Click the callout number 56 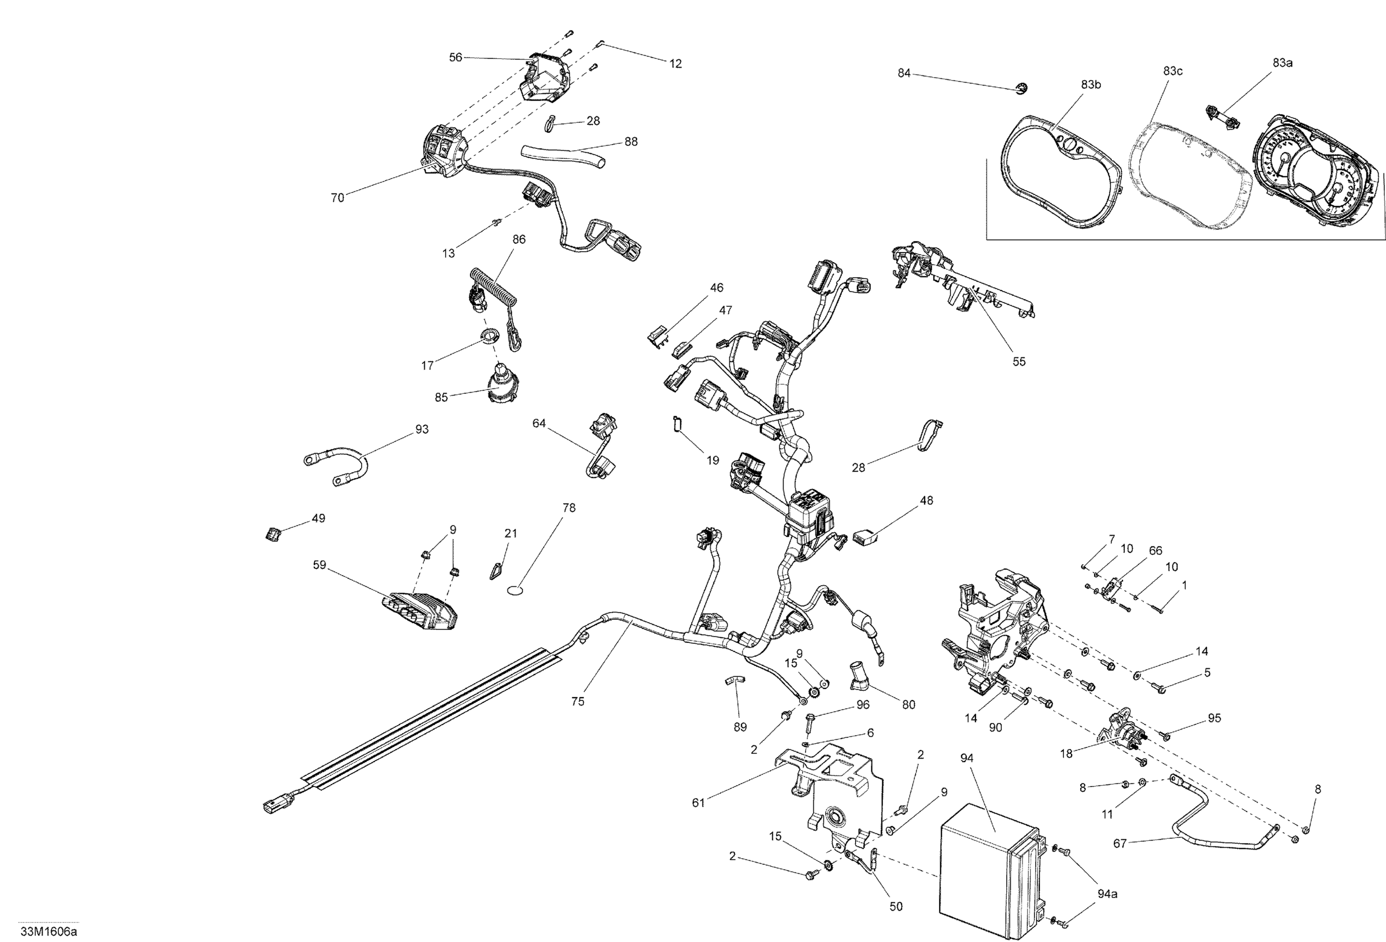pyautogui.click(x=455, y=57)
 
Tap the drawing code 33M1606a pyautogui.click(x=49, y=932)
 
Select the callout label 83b pyautogui.click(x=1091, y=85)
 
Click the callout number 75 pyautogui.click(x=577, y=702)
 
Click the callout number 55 pyautogui.click(x=1019, y=361)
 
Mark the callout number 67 pyautogui.click(x=1120, y=844)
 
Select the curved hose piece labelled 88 pyautogui.click(x=560, y=154)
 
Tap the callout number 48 pyautogui.click(x=926, y=501)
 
